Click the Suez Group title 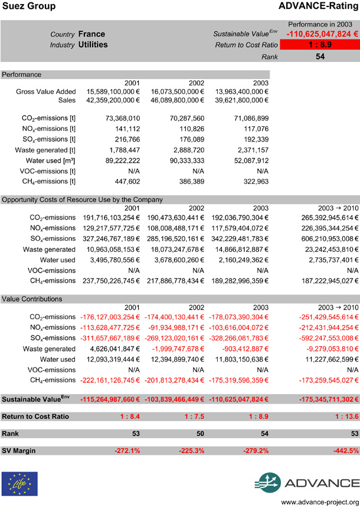[30, 6]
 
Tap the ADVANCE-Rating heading [319, 6]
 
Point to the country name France [91, 34]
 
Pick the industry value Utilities [93, 44]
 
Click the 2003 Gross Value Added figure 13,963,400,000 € [238, 91]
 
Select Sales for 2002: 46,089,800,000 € [174, 100]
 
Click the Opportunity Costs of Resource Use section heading [83, 199]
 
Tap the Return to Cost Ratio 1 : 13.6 [343, 417]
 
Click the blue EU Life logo [19, 483]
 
